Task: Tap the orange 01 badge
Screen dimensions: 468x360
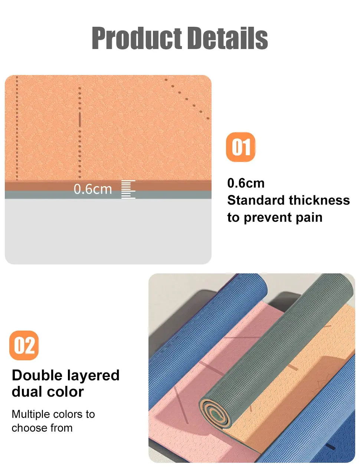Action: click(x=240, y=147)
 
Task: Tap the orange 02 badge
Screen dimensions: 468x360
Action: click(x=24, y=345)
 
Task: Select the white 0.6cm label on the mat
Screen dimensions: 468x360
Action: click(x=93, y=189)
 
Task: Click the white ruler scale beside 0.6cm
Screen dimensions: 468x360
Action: click(x=128, y=189)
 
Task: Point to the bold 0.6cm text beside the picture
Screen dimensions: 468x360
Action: click(x=246, y=183)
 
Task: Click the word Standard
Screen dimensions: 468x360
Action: click(x=256, y=200)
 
